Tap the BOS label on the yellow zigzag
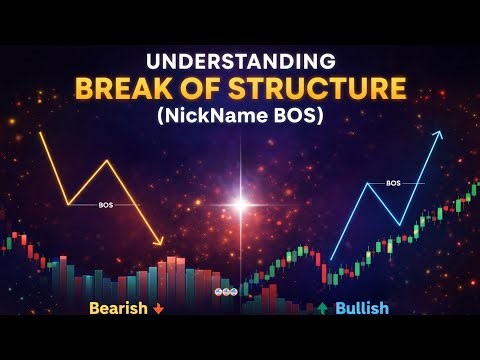pos(106,204)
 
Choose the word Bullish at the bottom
pos(361,308)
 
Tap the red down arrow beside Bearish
pos(158,308)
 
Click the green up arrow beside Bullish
pos(321,308)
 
